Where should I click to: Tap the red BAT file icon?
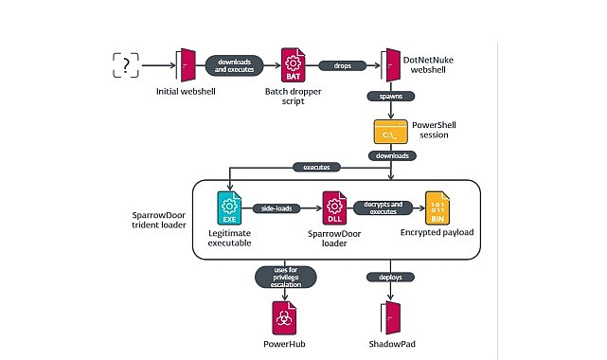coord(292,65)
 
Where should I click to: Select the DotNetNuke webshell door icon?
coord(389,65)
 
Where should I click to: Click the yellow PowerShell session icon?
coord(390,132)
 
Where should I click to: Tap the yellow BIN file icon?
coord(438,206)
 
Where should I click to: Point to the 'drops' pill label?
coord(342,65)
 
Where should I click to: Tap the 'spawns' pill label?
coord(389,96)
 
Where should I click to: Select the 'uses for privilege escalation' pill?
coord(284,276)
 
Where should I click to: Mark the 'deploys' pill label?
coord(389,276)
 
